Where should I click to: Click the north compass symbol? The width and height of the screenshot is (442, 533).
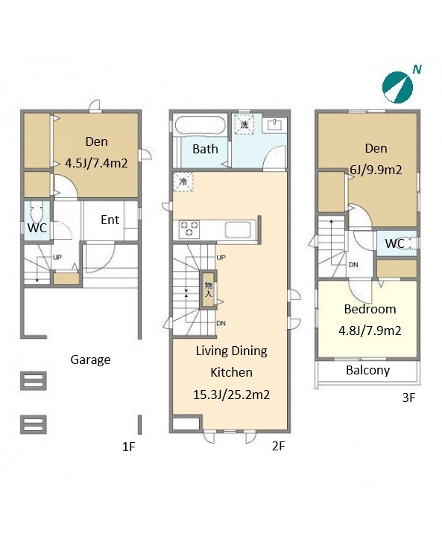(397, 87)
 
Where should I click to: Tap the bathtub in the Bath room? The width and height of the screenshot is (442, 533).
(200, 125)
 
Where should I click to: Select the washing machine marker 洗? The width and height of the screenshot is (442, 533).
(244, 124)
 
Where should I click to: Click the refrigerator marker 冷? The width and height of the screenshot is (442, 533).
(183, 182)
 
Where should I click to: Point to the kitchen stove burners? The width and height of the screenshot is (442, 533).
(189, 229)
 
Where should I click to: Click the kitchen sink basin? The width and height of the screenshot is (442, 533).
(238, 230)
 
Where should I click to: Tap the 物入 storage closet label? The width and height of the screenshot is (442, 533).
(208, 290)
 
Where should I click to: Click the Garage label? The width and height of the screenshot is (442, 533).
(90, 360)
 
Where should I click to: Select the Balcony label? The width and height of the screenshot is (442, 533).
(367, 370)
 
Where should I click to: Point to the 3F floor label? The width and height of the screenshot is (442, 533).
(408, 398)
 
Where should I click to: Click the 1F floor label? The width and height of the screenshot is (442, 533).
(129, 447)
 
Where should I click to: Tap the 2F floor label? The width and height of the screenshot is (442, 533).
(278, 446)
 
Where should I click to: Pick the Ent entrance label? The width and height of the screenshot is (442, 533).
(110, 220)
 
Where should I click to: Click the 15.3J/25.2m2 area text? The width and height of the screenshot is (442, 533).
(231, 395)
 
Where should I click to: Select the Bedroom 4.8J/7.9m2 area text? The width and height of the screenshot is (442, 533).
(370, 331)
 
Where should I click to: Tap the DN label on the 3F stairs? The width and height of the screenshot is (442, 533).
(353, 264)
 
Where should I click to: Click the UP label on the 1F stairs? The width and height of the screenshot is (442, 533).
(57, 258)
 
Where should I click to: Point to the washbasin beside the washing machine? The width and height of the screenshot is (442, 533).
(274, 125)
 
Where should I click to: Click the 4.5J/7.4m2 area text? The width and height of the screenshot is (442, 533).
(96, 163)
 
